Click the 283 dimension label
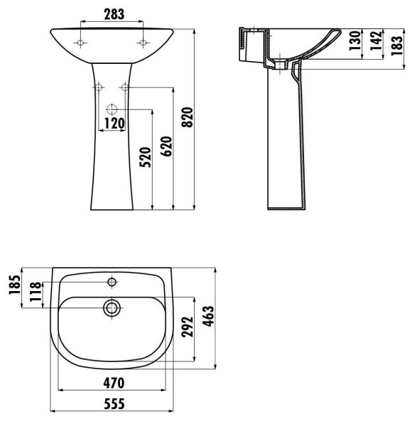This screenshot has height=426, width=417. (x=114, y=14)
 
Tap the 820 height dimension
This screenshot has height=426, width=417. (x=188, y=117)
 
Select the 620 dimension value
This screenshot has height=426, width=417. (x=166, y=146)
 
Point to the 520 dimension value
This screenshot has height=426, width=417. (x=145, y=158)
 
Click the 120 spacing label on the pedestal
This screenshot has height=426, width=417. (x=114, y=124)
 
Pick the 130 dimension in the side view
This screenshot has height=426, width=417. (x=354, y=40)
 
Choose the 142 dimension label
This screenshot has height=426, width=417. (x=376, y=40)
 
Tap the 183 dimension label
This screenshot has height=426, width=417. (x=397, y=45)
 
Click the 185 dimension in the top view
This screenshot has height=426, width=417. (x=14, y=285)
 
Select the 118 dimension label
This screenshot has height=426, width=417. (x=36, y=292)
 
